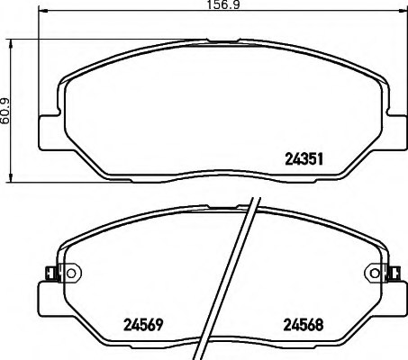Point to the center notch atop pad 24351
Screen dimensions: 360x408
219,40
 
